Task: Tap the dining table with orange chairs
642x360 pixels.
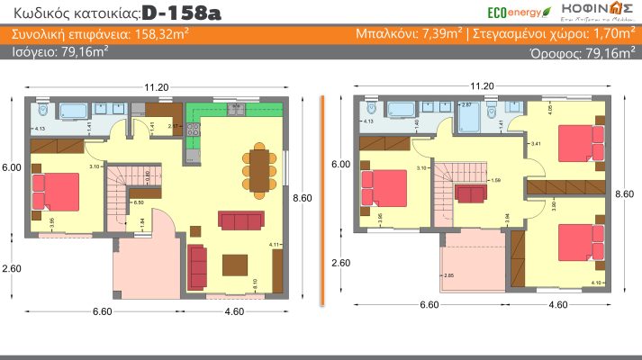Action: pyautogui.click(x=258, y=169)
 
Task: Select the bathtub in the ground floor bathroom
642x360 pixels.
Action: pyautogui.click(x=71, y=112)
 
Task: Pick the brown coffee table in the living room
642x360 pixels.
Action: pyautogui.click(x=236, y=264)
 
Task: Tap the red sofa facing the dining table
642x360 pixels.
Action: pyautogui.click(x=241, y=220)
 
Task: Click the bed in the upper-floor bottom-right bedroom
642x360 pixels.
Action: pyautogui.click(x=578, y=241)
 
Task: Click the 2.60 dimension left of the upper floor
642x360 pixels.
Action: pyautogui.click(x=340, y=263)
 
